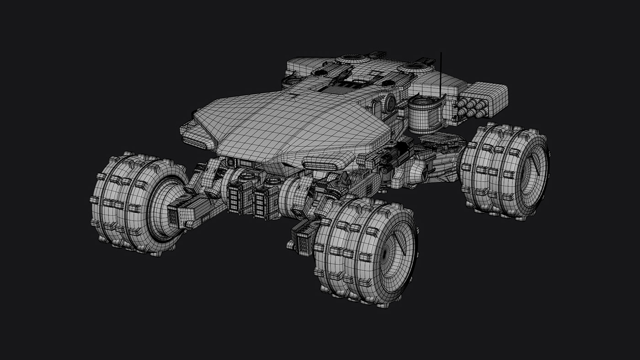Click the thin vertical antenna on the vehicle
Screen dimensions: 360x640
[x=441, y=73]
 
